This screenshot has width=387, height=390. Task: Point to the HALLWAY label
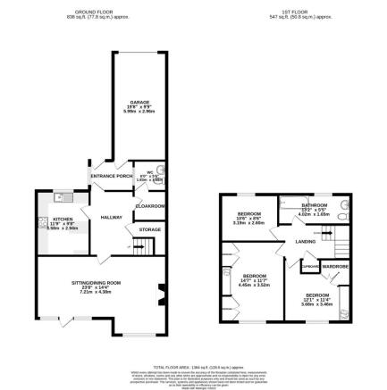coord(111,217)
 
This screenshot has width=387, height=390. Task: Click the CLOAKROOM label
coord(149,206)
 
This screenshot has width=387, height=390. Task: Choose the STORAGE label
coord(149,229)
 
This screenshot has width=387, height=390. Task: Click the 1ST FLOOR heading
coord(296,12)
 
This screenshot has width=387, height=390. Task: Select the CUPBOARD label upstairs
coord(310,265)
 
